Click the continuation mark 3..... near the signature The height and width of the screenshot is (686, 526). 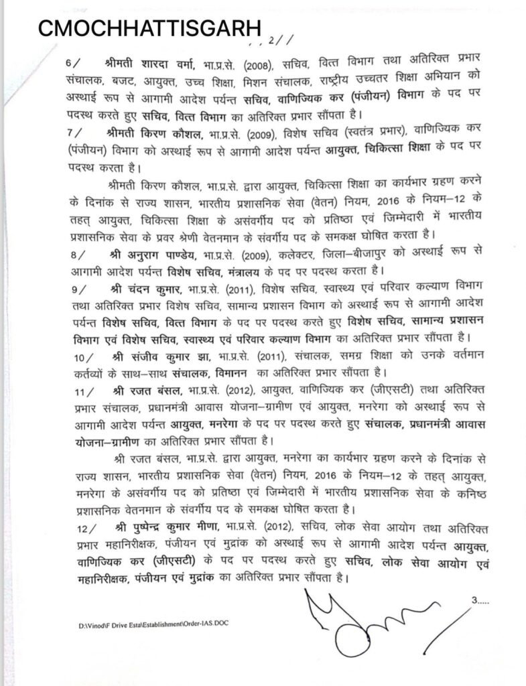pos(481,602)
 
